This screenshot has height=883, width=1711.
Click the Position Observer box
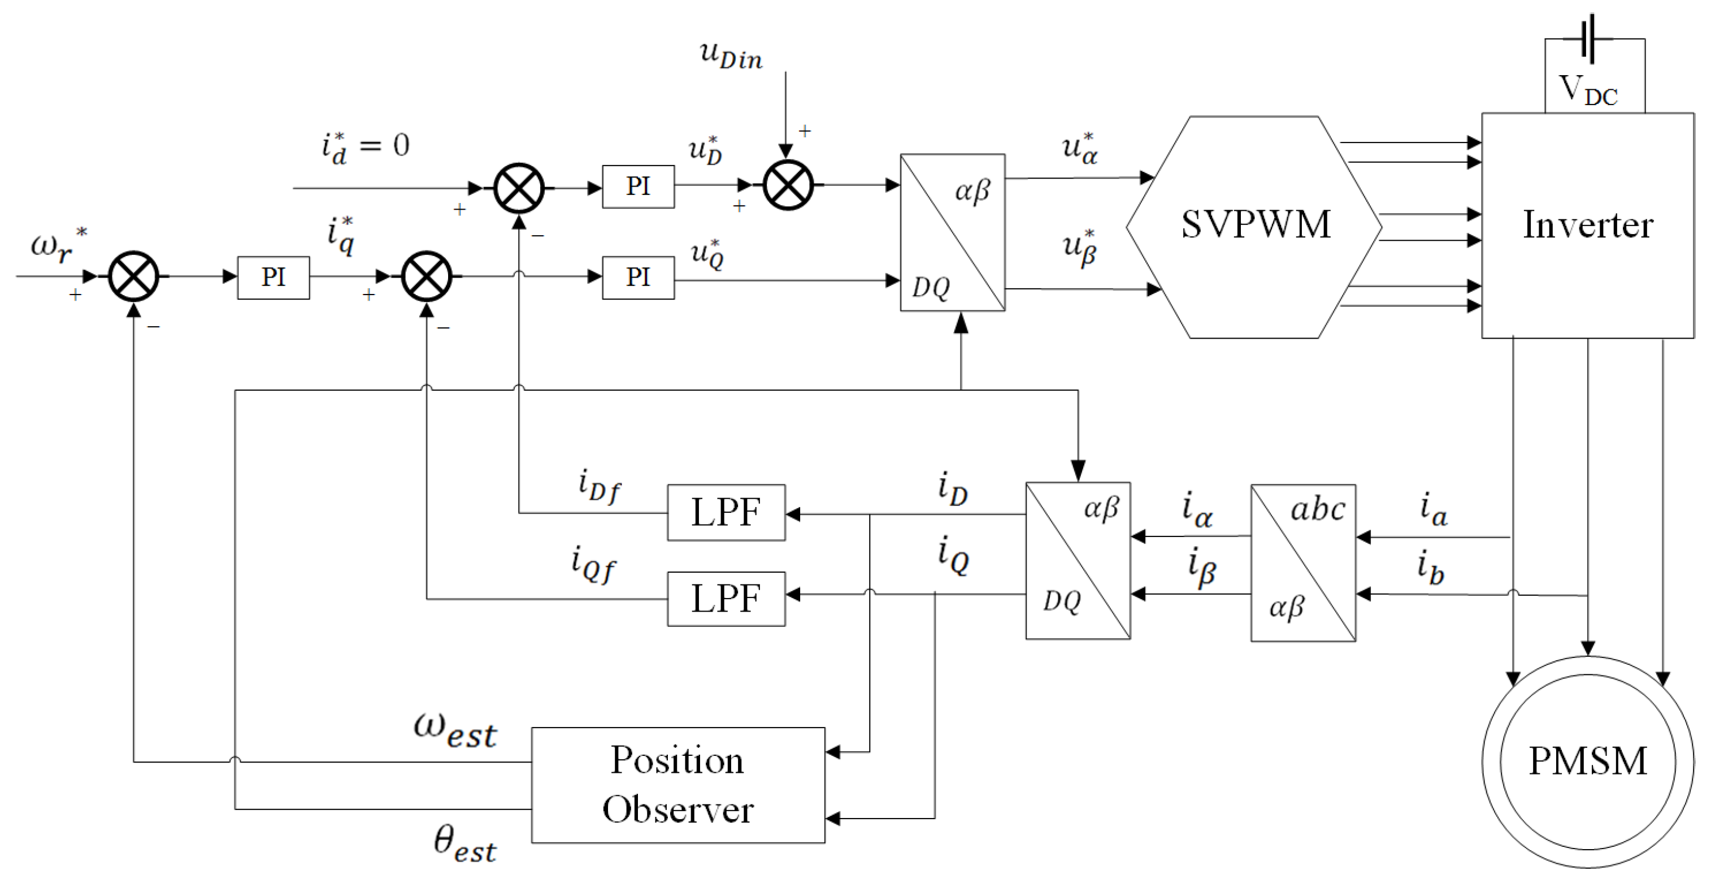coord(678,784)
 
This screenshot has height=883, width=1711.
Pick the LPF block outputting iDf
coord(726,512)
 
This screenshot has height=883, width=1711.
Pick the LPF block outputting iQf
coord(726,598)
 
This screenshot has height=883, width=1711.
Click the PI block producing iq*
coord(273,277)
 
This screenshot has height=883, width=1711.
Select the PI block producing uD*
coord(637,186)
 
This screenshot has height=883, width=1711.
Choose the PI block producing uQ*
coord(637,277)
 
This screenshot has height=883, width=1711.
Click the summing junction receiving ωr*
coord(133,276)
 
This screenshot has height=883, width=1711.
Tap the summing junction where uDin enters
coord(788,185)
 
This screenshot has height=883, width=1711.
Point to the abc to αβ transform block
coord(1302,562)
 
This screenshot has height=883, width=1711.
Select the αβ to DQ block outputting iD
coord(1078,560)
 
